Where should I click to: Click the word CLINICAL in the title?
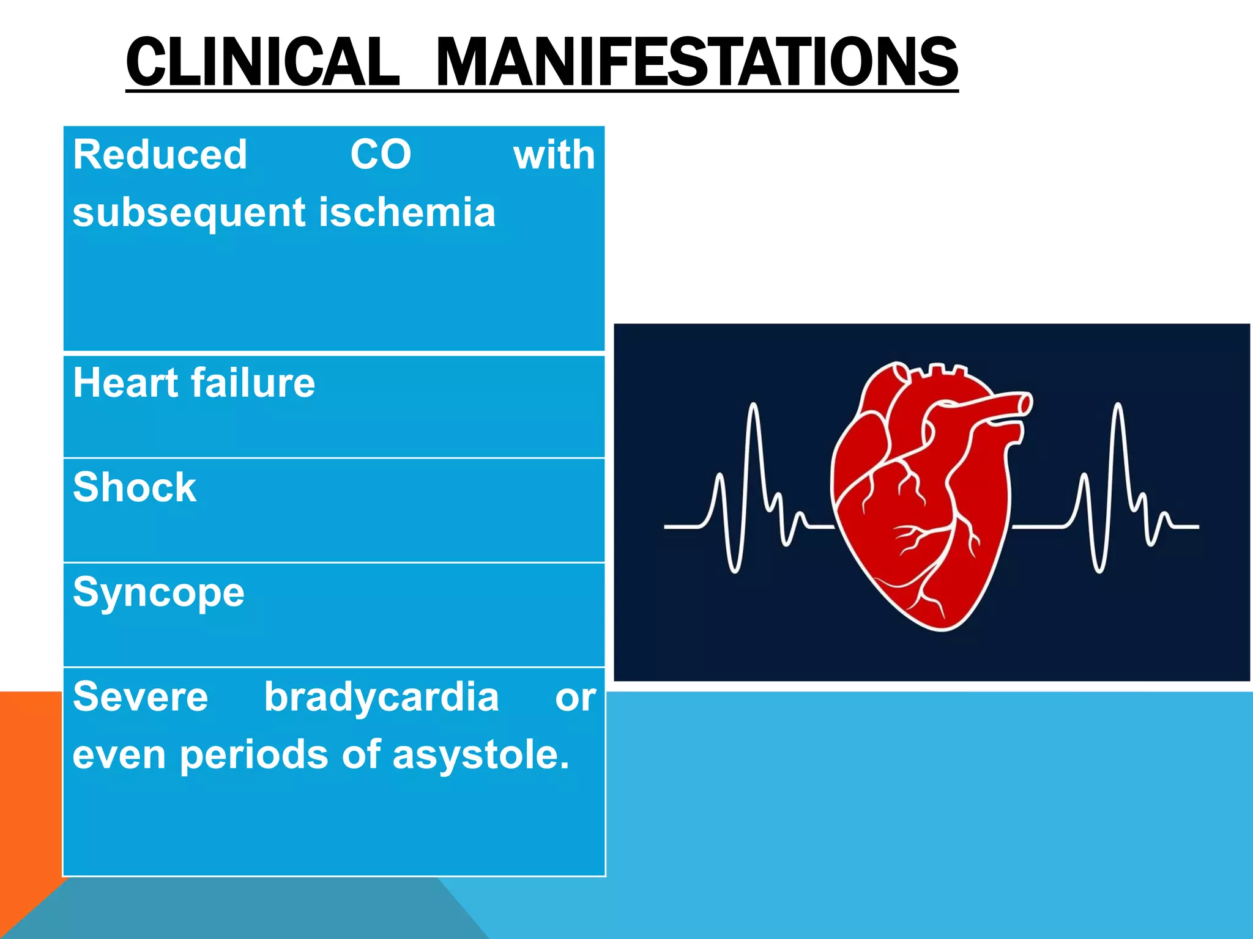click(262, 62)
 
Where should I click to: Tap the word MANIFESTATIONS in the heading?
click(696, 62)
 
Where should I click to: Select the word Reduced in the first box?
click(160, 155)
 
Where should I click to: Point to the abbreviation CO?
click(381, 155)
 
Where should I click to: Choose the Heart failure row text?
click(194, 383)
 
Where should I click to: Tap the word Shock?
click(135, 488)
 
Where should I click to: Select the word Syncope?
click(158, 594)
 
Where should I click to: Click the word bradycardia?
click(381, 698)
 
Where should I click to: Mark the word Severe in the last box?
click(140, 698)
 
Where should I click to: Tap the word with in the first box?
click(554, 155)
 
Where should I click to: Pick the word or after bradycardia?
click(575, 698)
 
